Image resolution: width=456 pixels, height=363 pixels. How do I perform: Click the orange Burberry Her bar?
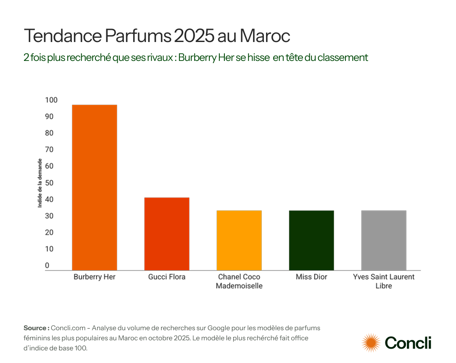[95, 187]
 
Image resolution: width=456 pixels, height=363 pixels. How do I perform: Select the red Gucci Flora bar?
[167, 234]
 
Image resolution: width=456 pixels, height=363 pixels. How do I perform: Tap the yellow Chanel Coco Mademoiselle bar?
[239, 240]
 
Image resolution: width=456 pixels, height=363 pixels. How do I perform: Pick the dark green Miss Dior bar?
[311, 240]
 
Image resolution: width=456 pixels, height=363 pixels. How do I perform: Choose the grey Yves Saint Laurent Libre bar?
[384, 240]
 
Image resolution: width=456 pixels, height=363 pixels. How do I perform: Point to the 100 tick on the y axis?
[51, 100]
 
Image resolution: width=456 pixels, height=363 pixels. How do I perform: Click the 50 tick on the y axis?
[49, 183]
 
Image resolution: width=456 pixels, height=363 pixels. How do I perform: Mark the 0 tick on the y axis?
[47, 266]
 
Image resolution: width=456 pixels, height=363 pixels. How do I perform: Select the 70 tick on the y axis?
[49, 150]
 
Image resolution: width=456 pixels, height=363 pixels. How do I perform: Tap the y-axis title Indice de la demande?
[40, 183]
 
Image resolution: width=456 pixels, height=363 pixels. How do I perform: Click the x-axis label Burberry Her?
[95, 277]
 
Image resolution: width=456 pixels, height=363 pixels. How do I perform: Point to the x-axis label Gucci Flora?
[167, 277]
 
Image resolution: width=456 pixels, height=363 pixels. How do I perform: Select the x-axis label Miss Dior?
[311, 277]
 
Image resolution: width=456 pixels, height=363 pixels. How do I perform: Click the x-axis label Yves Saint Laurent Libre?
[384, 281]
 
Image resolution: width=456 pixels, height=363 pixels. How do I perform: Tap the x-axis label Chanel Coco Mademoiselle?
[239, 281]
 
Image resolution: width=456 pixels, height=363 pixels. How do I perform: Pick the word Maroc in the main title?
[265, 36]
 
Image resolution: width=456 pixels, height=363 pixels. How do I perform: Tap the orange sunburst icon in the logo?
[371, 342]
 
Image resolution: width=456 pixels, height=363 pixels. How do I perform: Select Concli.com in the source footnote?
[69, 328]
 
